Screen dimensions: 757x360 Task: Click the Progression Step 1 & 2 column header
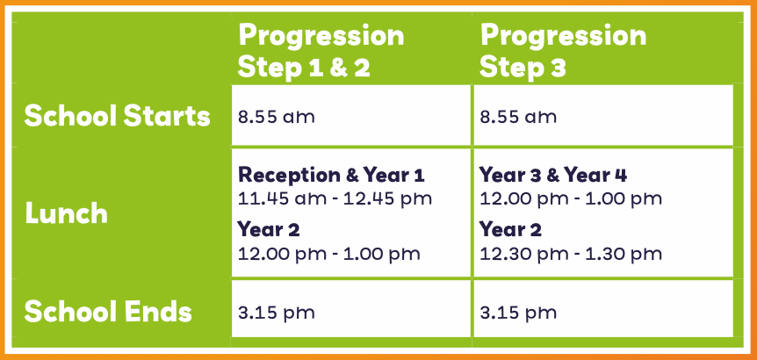(x=321, y=51)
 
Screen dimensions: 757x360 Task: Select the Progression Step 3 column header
(x=563, y=51)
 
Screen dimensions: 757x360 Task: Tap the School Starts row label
(x=118, y=116)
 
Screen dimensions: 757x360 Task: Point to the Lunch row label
(x=66, y=213)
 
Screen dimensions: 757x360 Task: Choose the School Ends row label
(x=108, y=312)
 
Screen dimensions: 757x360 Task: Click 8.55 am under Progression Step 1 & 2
(x=276, y=117)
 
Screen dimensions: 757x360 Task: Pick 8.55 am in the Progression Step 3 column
(x=518, y=117)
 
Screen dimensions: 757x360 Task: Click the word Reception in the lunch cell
(x=289, y=176)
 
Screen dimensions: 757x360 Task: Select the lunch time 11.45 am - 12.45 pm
(x=335, y=198)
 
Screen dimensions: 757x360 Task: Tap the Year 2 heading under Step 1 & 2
(x=269, y=230)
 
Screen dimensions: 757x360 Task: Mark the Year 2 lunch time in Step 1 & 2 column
(x=328, y=254)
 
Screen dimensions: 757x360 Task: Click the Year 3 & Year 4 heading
(x=553, y=176)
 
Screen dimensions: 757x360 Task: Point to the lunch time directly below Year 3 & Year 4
(x=571, y=198)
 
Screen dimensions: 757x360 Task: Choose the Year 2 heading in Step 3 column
(x=510, y=230)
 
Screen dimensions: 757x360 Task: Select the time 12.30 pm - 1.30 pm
(x=571, y=254)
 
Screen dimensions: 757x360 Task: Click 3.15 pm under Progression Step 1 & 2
(x=276, y=313)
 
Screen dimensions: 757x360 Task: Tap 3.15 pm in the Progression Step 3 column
(x=518, y=313)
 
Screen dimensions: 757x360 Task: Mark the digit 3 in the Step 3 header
(x=557, y=68)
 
